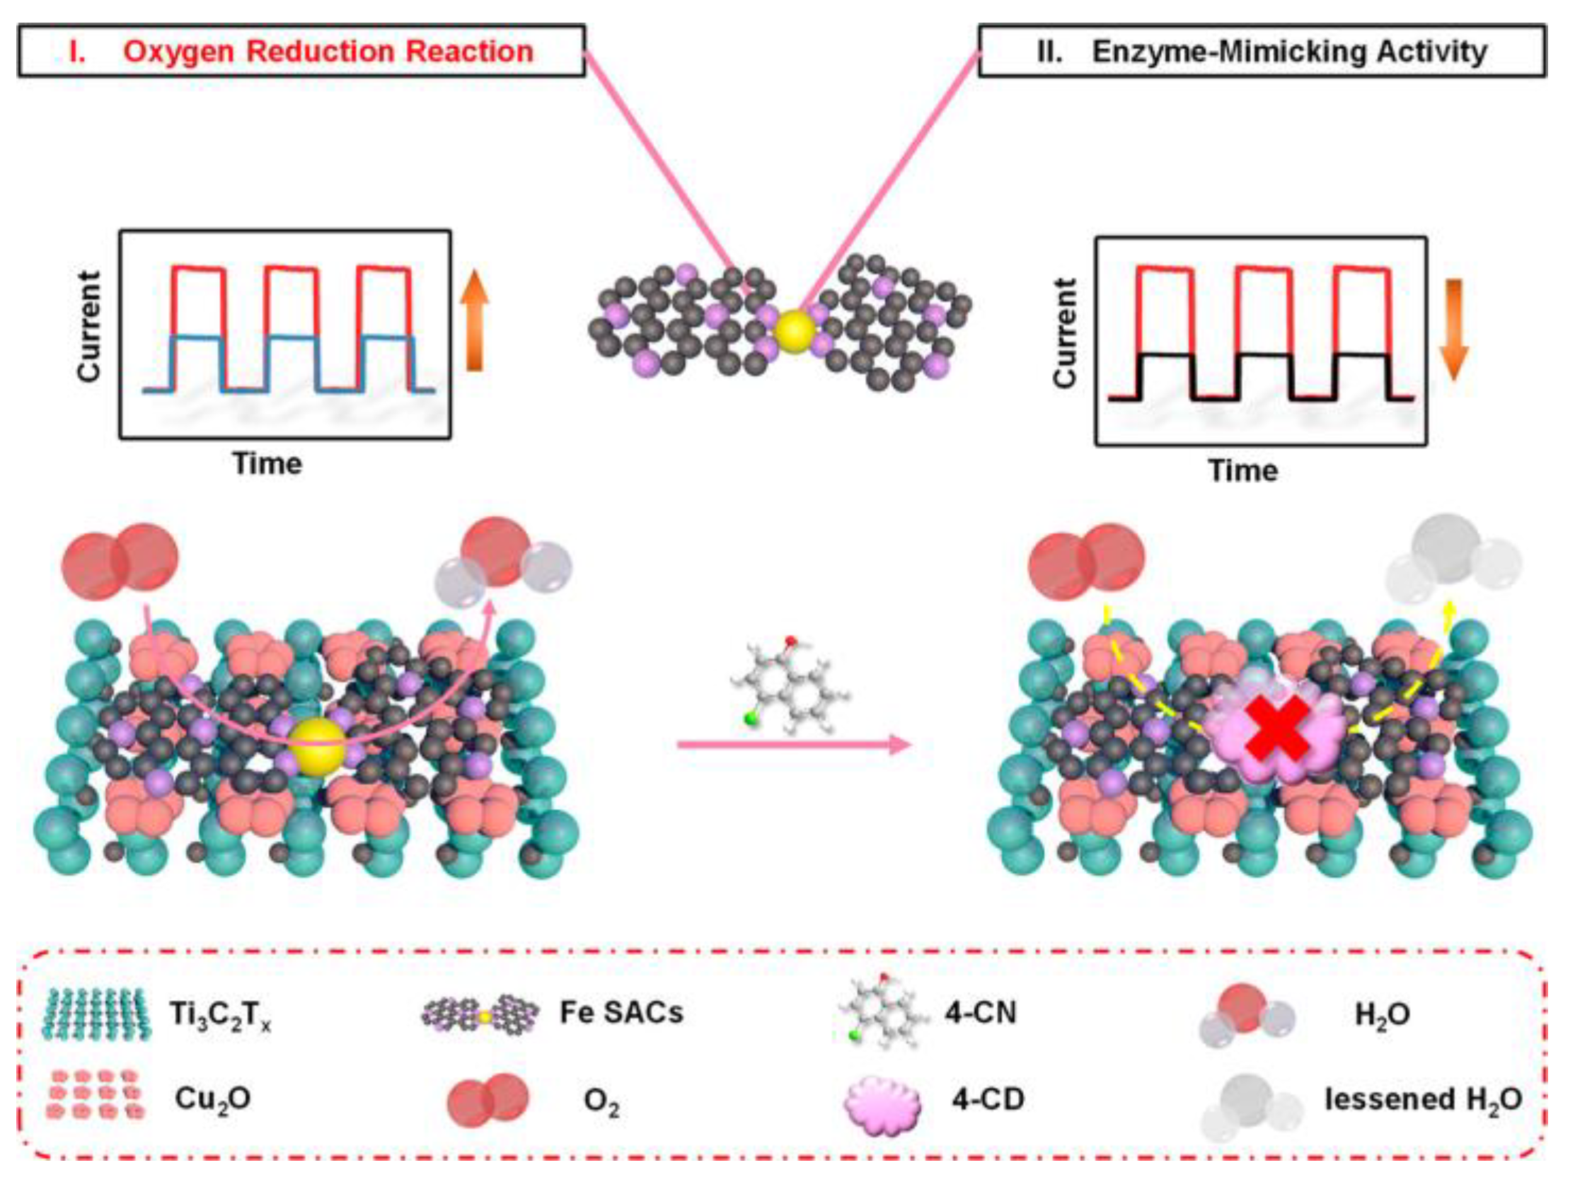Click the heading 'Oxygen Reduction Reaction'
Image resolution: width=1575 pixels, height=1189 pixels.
pyautogui.click(x=328, y=52)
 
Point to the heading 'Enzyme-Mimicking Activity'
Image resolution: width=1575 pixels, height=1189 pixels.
pyautogui.click(x=1289, y=52)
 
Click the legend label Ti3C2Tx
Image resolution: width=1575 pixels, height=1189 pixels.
pyautogui.click(x=220, y=1014)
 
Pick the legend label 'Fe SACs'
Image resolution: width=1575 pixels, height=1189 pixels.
pyautogui.click(x=622, y=1012)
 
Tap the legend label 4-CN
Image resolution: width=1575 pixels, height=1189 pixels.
pyautogui.click(x=981, y=1012)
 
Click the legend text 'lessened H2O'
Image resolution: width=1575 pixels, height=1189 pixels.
pyautogui.click(x=1424, y=1100)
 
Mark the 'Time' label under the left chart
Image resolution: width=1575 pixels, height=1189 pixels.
pyautogui.click(x=267, y=463)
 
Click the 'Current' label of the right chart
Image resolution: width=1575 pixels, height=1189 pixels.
pyautogui.click(x=1064, y=333)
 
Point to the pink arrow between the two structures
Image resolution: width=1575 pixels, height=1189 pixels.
pyautogui.click(x=794, y=746)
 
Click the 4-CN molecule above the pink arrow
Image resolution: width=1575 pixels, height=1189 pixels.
pyautogui.click(x=790, y=683)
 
